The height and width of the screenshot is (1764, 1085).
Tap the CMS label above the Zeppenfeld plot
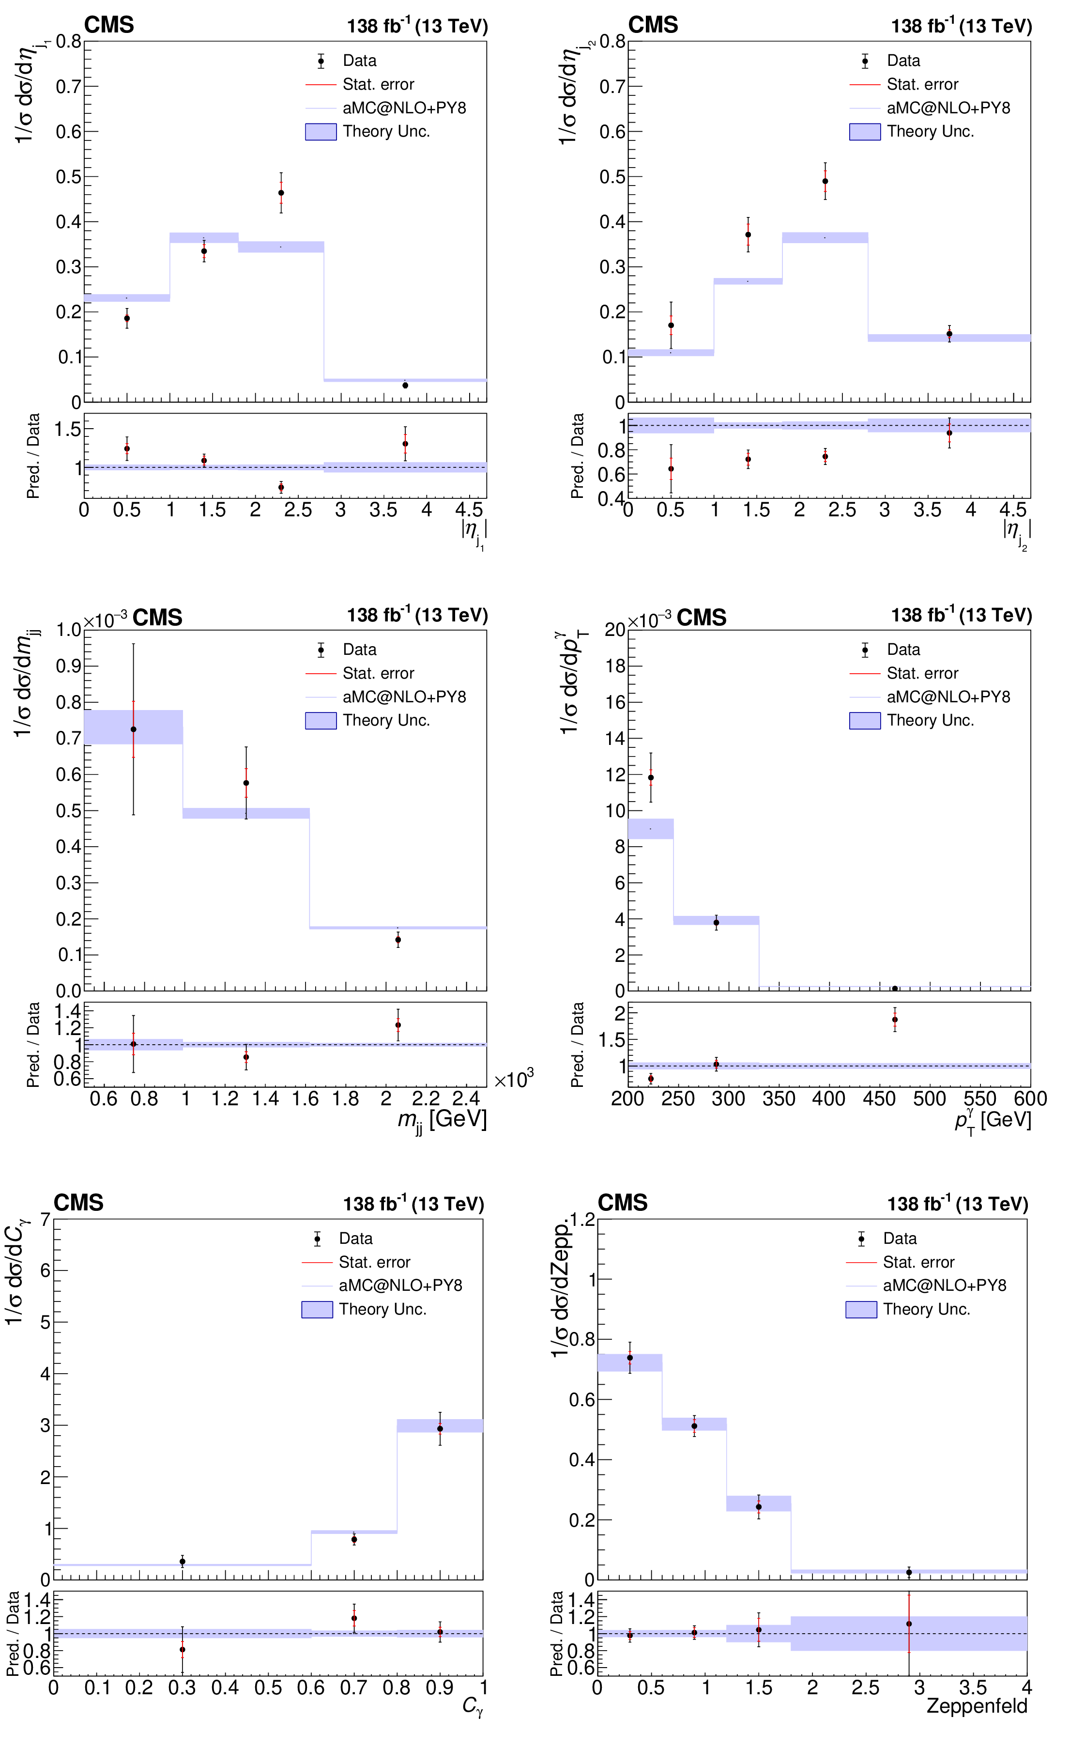click(622, 1203)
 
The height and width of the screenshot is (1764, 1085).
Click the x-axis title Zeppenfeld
click(977, 1706)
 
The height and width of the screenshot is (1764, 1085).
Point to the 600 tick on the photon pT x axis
click(1030, 1099)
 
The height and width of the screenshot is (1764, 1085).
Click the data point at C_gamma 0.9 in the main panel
click(440, 1429)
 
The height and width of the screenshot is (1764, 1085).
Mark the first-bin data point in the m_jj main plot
click(134, 730)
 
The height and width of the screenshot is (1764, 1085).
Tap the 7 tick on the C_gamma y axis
click(45, 1219)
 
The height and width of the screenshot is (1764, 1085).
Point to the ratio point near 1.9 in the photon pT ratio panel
click(895, 1020)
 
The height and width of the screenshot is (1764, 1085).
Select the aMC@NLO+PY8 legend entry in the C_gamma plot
click(400, 1285)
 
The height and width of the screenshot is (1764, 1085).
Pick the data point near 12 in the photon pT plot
click(651, 778)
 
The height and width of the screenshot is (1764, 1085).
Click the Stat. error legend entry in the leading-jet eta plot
click(378, 85)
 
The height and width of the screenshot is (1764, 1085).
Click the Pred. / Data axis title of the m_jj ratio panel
click(33, 1045)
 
